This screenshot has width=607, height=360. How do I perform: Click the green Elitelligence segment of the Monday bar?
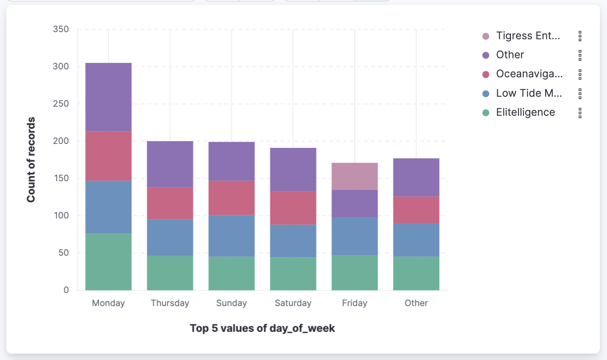click(108, 262)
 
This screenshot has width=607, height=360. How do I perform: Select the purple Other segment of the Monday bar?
click(108, 97)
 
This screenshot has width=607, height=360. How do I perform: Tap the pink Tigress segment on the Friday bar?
click(354, 176)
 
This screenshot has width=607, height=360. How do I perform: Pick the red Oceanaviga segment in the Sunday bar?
click(231, 198)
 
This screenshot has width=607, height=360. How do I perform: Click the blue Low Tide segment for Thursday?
click(170, 237)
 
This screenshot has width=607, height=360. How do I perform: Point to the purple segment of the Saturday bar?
click(293, 170)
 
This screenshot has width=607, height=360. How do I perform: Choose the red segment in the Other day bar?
click(416, 210)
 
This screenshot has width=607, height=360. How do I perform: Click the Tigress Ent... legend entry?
click(528, 36)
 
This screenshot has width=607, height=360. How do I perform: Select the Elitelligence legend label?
click(525, 113)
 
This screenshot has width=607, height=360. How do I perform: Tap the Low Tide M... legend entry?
click(528, 94)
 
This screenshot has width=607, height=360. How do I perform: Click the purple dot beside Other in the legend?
click(486, 55)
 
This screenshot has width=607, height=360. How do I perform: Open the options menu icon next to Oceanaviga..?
click(580, 75)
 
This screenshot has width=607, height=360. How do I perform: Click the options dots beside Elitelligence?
click(580, 113)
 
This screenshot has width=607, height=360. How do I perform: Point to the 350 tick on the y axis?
click(61, 29)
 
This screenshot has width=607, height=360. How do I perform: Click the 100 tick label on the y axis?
click(61, 216)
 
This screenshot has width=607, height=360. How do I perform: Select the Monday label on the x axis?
click(108, 303)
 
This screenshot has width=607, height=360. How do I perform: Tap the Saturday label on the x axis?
click(293, 303)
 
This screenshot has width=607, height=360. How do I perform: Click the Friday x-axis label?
click(354, 303)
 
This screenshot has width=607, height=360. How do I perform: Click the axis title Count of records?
click(31, 160)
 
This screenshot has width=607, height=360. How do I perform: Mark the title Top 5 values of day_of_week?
click(262, 329)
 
